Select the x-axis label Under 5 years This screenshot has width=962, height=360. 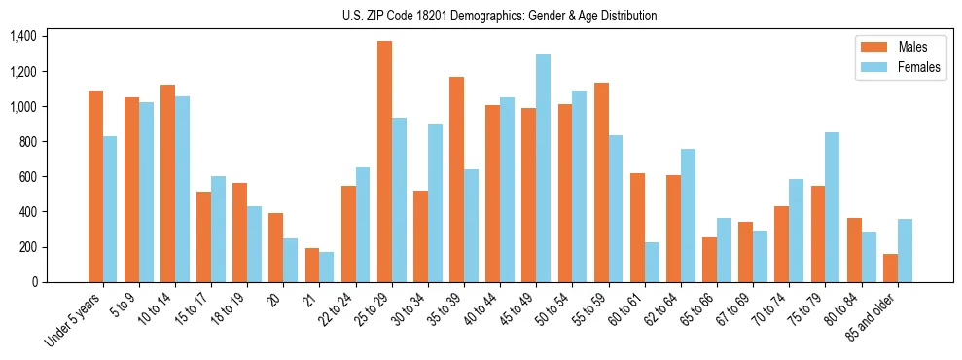74,321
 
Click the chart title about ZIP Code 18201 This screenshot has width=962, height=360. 500,16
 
